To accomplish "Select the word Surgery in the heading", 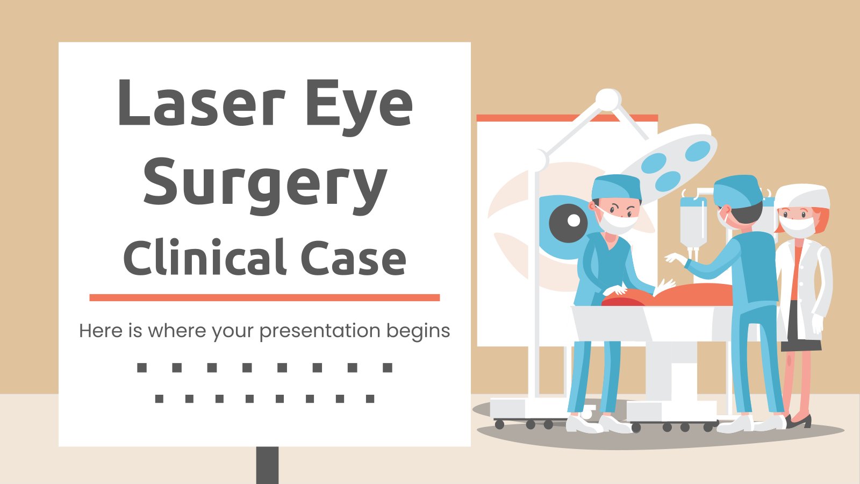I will coord(264,183).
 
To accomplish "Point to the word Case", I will coord(353,258).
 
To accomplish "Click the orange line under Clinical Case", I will coord(264,297).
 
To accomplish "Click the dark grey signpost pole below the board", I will coord(267,465).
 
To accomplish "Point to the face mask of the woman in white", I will coord(797,227).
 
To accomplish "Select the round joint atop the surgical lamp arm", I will coord(608,100).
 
